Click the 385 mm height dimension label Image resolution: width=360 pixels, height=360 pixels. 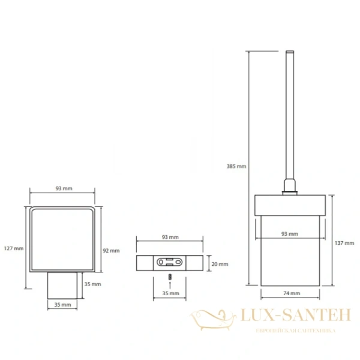tap(236, 166)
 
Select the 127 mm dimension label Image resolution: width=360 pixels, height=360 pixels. tap(14, 248)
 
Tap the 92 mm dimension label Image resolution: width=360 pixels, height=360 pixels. tap(111, 251)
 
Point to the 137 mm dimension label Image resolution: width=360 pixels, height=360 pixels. tap(344, 243)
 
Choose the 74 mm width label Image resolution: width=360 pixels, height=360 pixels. tap(292, 293)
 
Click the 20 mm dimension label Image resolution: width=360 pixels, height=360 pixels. tap(220, 264)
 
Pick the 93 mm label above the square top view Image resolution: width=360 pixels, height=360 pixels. tap(64, 188)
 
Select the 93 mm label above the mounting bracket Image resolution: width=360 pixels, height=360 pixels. tap(170, 237)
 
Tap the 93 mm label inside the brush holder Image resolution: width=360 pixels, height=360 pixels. tap(290, 234)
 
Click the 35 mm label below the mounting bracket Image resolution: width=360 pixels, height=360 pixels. tap(170, 293)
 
